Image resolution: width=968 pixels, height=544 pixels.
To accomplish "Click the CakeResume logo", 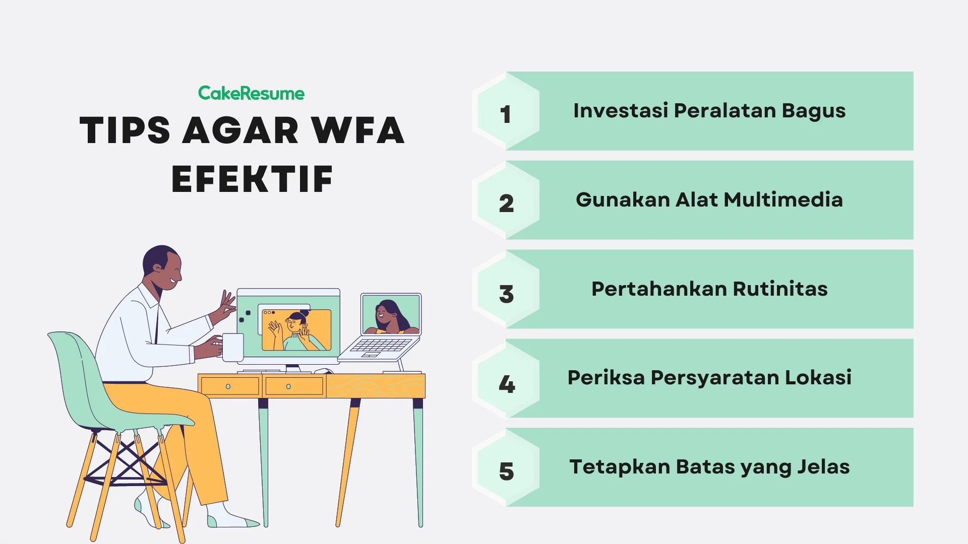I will click(x=251, y=93).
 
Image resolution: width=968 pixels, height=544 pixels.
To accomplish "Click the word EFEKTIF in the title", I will click(x=252, y=179).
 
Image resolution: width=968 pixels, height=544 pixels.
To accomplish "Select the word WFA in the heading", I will click(x=357, y=130).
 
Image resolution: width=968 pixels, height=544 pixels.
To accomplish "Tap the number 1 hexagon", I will click(x=506, y=112).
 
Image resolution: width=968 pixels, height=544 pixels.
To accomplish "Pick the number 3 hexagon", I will click(x=506, y=291).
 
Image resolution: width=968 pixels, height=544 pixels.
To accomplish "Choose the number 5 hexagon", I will click(x=506, y=469).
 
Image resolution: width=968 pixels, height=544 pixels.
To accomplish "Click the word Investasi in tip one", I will click(x=620, y=111).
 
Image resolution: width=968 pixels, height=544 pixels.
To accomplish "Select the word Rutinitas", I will click(x=780, y=289).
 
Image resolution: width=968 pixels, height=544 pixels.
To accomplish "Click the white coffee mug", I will click(x=232, y=347).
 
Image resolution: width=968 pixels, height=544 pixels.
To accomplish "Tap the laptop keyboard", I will click(x=381, y=346).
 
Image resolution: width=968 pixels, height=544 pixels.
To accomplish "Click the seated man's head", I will click(x=162, y=267).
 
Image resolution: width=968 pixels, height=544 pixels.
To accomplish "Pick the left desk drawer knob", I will click(x=228, y=386).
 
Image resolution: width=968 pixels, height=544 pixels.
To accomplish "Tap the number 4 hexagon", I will click(x=506, y=380).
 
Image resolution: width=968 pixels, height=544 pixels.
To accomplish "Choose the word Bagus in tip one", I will click(x=813, y=111).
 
